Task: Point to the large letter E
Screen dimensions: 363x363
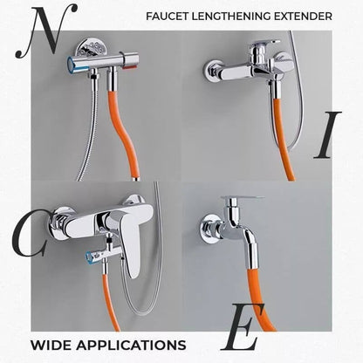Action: [242, 332]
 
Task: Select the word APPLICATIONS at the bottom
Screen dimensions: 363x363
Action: [130, 343]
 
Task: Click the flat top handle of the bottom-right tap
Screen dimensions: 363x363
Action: [242, 200]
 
